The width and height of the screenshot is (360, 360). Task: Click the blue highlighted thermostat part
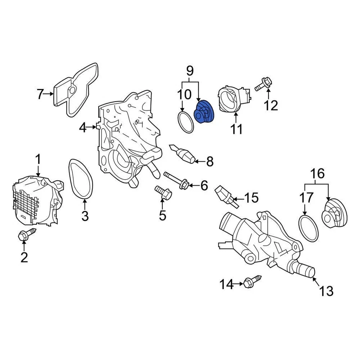[203, 112]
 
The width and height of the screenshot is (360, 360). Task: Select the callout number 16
[317, 174]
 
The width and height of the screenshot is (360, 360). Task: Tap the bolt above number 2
[27, 235]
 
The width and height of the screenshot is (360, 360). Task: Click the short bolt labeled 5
[163, 193]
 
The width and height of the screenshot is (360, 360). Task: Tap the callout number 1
[38, 159]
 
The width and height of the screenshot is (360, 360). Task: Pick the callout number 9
[190, 70]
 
